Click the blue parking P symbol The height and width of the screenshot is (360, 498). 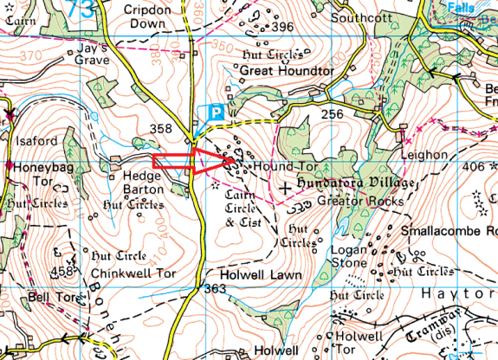click(216, 112)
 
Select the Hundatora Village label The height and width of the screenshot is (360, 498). click(356, 184)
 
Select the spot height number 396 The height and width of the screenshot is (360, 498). click(282, 28)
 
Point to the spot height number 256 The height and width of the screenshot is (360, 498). click(334, 113)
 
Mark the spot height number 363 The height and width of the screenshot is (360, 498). click(215, 289)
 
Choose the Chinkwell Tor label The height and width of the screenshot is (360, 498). click(133, 274)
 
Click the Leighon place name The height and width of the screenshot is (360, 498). click(423, 155)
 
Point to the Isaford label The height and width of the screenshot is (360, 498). click(35, 141)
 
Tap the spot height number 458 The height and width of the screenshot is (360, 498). click(62, 273)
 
